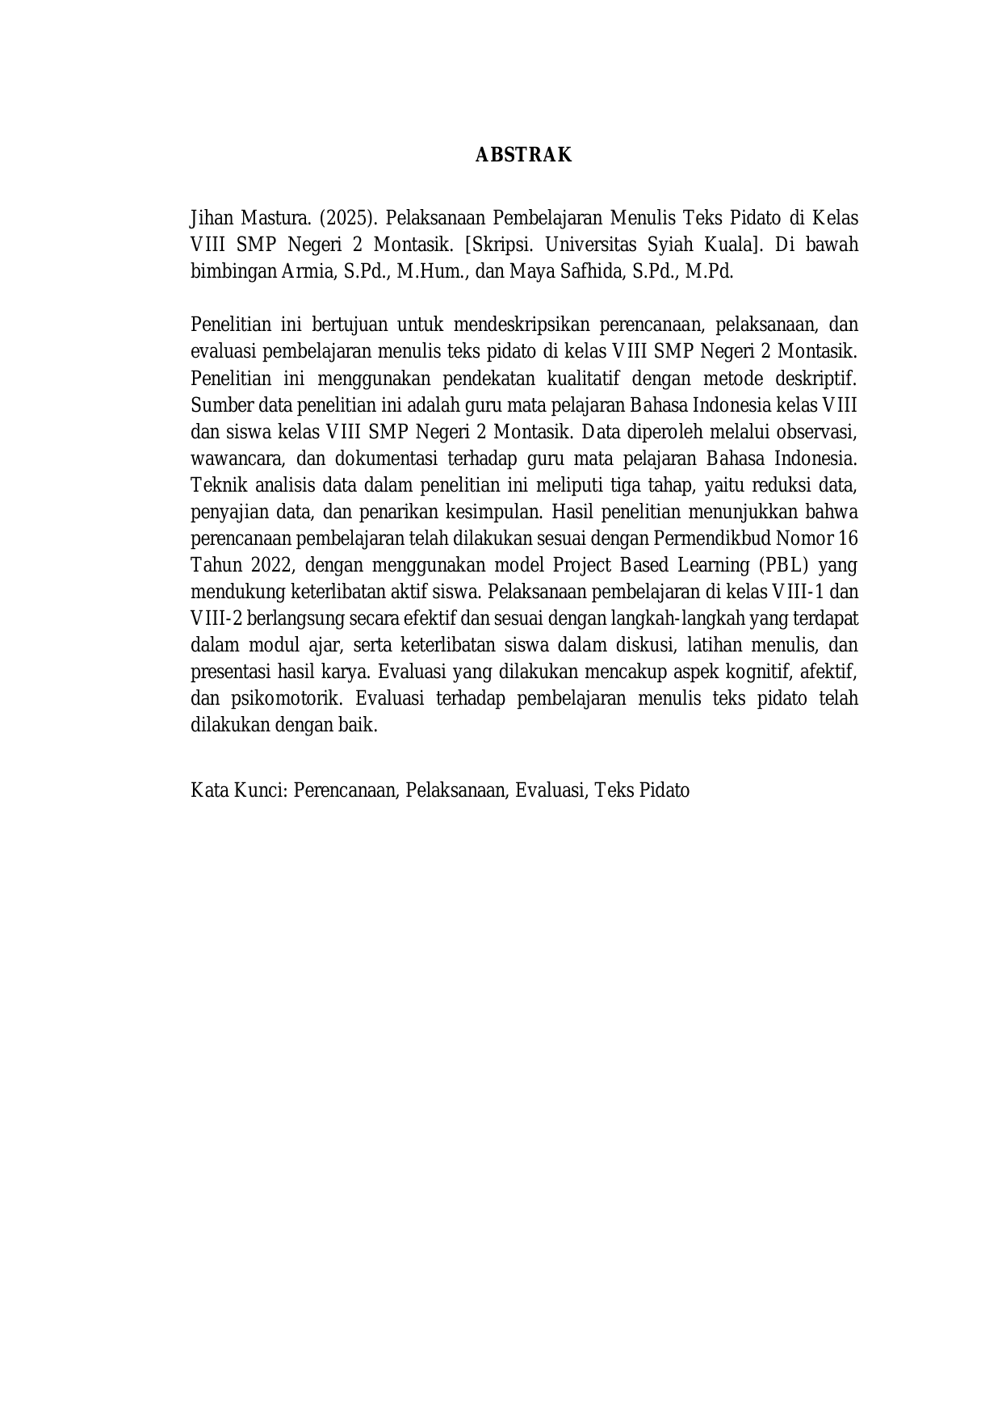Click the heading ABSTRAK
pos(523,155)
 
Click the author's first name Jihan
pos(207,218)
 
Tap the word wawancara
pos(237,458)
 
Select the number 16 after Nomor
pos(848,538)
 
